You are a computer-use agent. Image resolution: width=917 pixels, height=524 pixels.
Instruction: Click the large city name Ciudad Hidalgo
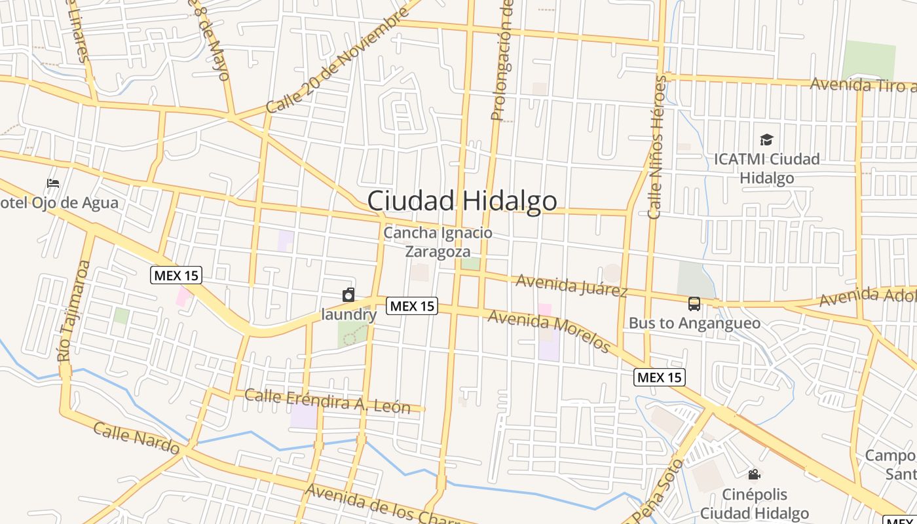click(462, 201)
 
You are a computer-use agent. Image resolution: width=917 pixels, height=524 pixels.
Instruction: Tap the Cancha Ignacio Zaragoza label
click(438, 242)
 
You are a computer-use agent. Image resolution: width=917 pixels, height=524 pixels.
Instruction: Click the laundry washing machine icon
click(348, 295)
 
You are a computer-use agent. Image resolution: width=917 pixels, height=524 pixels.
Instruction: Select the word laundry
click(349, 314)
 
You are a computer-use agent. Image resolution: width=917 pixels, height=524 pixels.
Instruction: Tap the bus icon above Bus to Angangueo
click(694, 304)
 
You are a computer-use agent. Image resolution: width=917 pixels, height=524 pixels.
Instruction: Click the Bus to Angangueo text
click(694, 323)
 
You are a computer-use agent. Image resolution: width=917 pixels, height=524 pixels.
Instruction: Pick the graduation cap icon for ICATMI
click(766, 140)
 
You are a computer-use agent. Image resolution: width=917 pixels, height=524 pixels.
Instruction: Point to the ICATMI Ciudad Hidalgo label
click(766, 168)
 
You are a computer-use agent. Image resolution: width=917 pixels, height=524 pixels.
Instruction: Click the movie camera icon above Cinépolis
click(754, 474)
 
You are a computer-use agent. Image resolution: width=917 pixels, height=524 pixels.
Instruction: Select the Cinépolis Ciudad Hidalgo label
click(755, 503)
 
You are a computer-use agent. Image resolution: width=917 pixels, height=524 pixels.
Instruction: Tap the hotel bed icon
click(53, 183)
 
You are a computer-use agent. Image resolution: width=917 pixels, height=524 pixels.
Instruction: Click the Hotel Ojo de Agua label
click(59, 202)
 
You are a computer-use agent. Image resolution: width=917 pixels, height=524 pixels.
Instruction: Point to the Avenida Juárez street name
click(572, 285)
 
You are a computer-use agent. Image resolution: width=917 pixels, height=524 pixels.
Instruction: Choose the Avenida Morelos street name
click(549, 331)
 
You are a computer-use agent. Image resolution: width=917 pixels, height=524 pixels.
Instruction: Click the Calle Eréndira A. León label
click(327, 401)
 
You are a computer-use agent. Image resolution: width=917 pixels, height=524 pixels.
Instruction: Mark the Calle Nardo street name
click(136, 438)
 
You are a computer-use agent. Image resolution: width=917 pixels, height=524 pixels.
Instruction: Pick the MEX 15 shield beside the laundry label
click(412, 305)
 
